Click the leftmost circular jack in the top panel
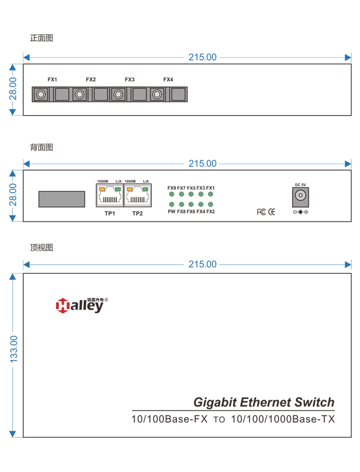(41, 94)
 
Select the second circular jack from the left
(80, 94)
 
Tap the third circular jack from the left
(118, 94)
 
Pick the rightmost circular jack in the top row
(157, 94)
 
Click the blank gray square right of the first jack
(62, 94)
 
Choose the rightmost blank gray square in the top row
(178, 94)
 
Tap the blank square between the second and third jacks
(101, 94)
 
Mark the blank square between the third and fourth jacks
(139, 94)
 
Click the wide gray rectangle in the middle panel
(61, 199)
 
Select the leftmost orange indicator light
(102, 189)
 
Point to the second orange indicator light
(129, 189)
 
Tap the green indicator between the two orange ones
(118, 189)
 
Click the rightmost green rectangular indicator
(145, 189)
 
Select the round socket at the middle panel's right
(300, 195)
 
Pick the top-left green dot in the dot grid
(172, 194)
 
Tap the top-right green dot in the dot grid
(210, 194)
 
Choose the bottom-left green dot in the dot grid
(172, 205)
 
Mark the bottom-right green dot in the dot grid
(210, 205)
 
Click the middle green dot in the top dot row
(191, 194)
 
